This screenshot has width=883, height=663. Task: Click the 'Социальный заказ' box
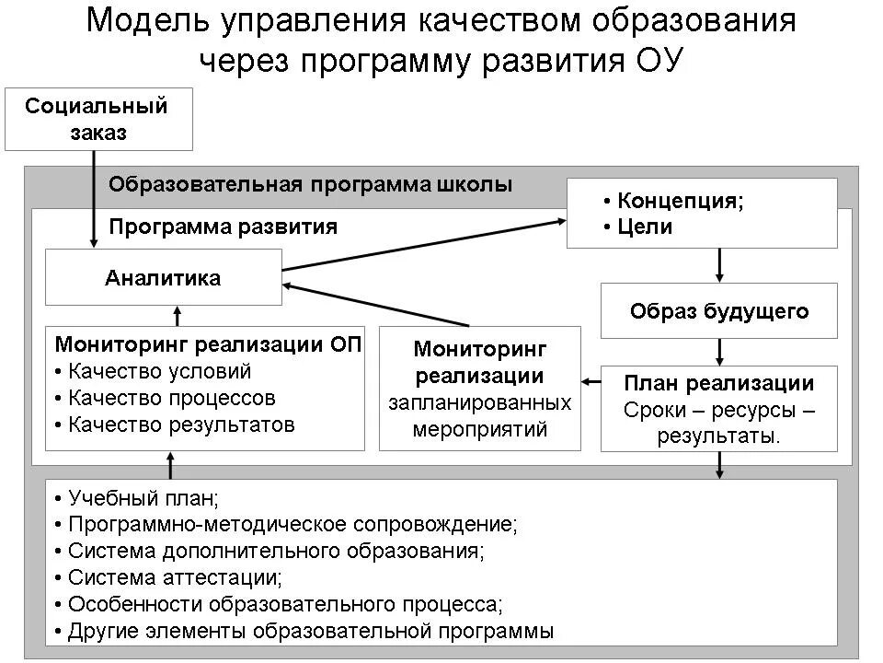(x=98, y=119)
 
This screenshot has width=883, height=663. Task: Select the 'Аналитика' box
(x=163, y=278)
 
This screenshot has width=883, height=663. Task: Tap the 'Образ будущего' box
(x=719, y=311)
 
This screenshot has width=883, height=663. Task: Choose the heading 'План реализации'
(x=719, y=383)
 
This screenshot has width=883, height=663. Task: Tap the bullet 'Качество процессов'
(x=171, y=398)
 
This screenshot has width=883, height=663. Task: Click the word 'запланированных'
(x=479, y=402)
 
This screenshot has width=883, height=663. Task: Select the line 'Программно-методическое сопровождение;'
(x=292, y=525)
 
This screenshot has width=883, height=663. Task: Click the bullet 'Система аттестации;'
(x=175, y=578)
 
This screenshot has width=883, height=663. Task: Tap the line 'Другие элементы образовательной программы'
(x=310, y=632)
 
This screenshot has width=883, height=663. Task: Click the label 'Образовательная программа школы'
(x=310, y=184)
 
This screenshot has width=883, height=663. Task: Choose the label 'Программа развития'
(x=224, y=227)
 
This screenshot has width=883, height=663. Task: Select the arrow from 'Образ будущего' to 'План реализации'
(x=720, y=352)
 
